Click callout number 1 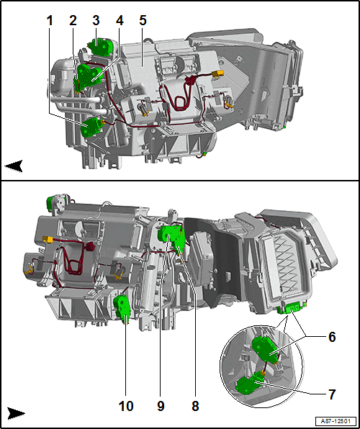pyautogui.click(x=50, y=21)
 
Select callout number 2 pyautogui.click(x=73, y=21)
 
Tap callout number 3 pyautogui.click(x=96, y=21)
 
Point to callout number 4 pyautogui.click(x=120, y=21)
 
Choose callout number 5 pyautogui.click(x=143, y=21)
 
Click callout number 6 pyautogui.click(x=332, y=337)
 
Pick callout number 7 pyautogui.click(x=332, y=394)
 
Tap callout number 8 pyautogui.click(x=195, y=406)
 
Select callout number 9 pyautogui.click(x=161, y=406)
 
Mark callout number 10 pyautogui.click(x=126, y=406)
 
